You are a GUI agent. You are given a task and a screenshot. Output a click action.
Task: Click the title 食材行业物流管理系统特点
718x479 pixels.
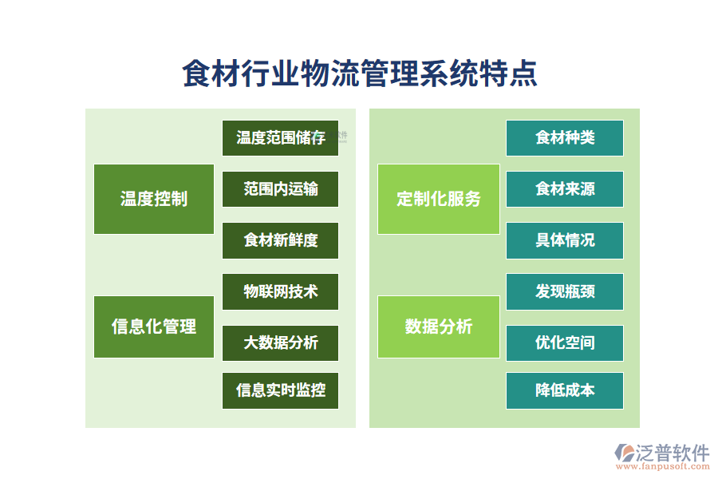[359, 73]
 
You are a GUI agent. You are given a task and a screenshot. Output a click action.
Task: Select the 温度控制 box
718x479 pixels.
[154, 199]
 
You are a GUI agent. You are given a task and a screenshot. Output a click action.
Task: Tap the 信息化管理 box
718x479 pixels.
[154, 327]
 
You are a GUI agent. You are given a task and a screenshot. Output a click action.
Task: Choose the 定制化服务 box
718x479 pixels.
[439, 199]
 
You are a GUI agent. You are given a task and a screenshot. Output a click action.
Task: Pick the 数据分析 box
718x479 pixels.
[439, 327]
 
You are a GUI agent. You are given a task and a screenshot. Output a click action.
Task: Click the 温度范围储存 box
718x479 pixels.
[280, 138]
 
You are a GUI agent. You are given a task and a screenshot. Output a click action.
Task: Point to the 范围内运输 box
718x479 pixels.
[280, 189]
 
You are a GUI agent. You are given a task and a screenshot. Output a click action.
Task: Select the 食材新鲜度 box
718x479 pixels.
[280, 240]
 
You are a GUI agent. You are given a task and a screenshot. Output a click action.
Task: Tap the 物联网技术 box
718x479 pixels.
[280, 291]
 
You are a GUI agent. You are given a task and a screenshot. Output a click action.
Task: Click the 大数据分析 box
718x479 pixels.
[280, 342]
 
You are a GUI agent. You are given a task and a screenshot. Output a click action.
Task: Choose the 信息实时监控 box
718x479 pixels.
[280, 391]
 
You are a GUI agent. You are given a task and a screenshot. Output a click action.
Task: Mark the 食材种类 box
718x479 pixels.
[565, 138]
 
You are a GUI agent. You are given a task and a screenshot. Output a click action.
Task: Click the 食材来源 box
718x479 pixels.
[565, 189]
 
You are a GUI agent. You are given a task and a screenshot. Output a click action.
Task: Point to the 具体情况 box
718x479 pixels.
[565, 240]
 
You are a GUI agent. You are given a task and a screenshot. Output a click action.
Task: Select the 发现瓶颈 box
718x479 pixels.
[565, 291]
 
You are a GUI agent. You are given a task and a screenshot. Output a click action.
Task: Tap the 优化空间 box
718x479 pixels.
[565, 342]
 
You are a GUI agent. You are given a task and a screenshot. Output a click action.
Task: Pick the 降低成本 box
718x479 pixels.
[565, 391]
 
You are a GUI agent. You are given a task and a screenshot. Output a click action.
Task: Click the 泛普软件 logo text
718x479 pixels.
[672, 453]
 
